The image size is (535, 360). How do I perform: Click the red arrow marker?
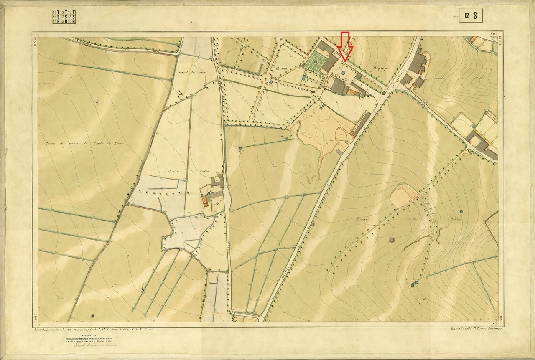[x=345, y=46]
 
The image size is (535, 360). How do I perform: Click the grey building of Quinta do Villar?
[x=218, y=182]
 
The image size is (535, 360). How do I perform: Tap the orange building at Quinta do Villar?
[x=205, y=201]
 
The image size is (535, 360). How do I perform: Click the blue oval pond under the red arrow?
[x=343, y=73]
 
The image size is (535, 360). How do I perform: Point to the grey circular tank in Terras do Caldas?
[x=392, y=240]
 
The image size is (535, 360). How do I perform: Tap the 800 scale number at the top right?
[x=494, y=34]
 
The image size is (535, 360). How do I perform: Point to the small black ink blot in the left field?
[x=97, y=101]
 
